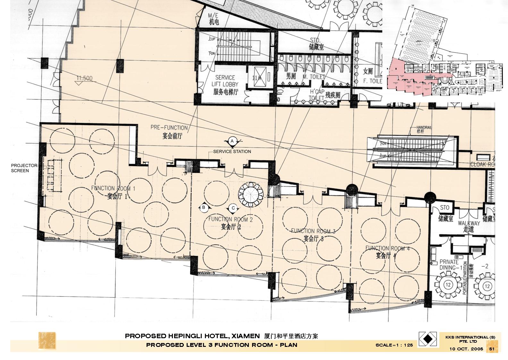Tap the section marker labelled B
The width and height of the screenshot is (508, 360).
click(203, 208)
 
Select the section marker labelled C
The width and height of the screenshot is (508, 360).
click(233, 208)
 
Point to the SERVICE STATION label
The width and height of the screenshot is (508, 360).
click(232, 151)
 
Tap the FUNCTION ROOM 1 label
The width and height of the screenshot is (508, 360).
click(113, 192)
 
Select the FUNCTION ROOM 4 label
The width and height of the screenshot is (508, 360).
click(387, 251)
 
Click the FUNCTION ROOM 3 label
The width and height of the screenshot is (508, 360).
click(313, 234)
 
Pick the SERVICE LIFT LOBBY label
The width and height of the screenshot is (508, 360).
click(225, 84)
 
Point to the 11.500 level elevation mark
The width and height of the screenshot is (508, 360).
click(84, 78)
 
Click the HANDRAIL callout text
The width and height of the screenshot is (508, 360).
click(424, 129)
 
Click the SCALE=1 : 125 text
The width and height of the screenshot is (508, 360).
click(394, 345)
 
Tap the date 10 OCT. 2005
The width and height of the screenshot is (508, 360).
click(466, 349)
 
